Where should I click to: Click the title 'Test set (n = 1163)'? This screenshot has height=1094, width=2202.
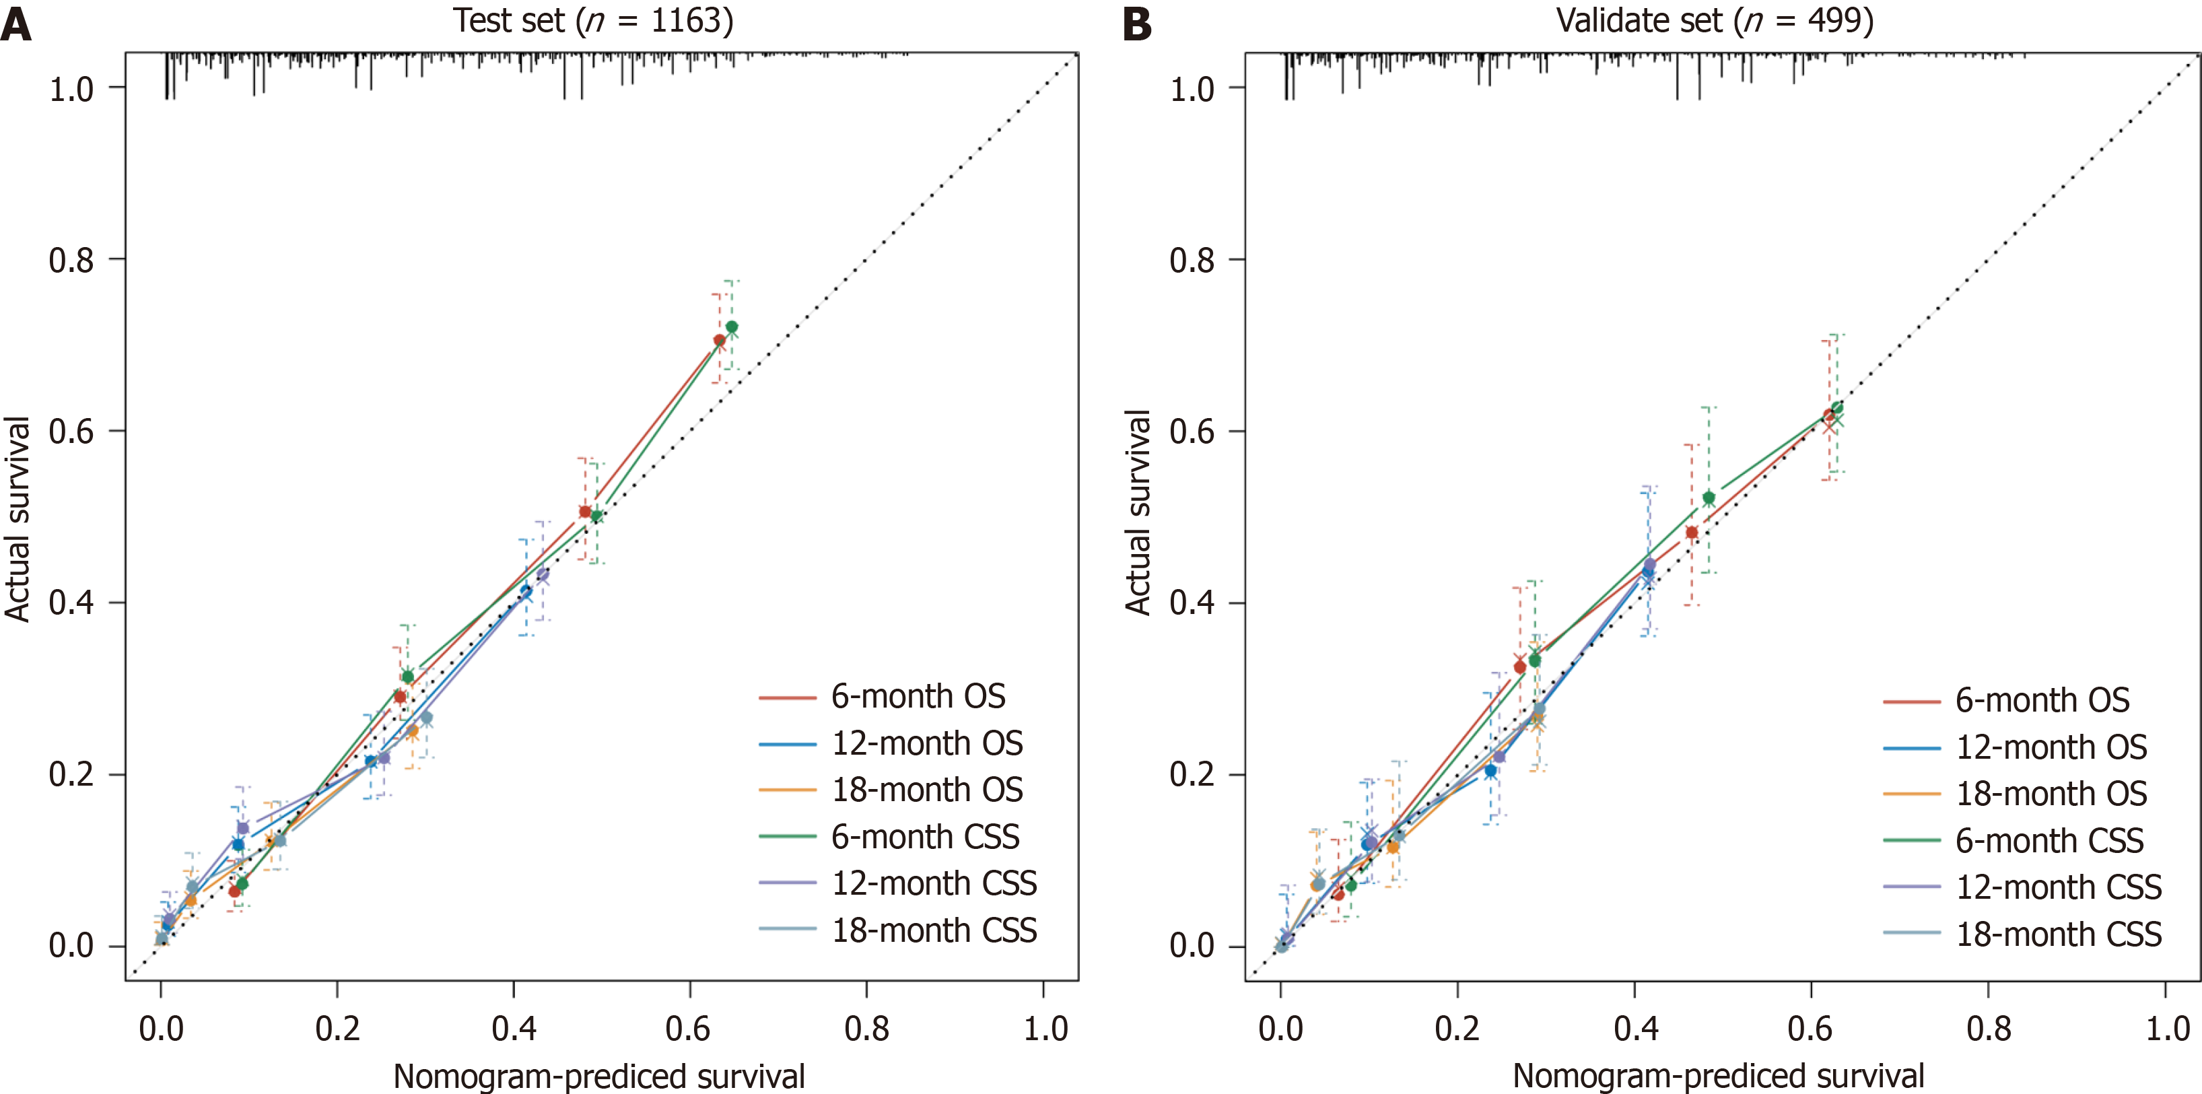coord(592,20)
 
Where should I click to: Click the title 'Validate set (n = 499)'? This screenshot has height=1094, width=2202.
coord(1714,20)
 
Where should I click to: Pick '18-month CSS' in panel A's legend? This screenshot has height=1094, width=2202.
coord(934,930)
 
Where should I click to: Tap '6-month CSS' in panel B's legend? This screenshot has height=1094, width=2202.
coord(2049,841)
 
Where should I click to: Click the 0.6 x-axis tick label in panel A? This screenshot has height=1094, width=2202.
coord(689,1028)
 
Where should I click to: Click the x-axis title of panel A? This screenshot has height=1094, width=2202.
coord(598,1076)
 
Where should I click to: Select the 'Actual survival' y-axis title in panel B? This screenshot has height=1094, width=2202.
coord(1138,513)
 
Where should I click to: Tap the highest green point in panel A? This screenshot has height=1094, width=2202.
coord(732,327)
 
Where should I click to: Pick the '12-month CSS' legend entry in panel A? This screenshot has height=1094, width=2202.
coord(934,883)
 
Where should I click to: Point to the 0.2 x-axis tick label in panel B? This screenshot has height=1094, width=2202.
coord(1457,1028)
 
